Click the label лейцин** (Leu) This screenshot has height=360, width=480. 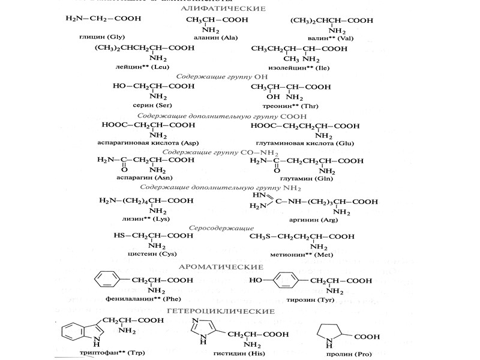pyautogui.click(x=139, y=67)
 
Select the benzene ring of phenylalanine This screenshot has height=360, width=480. pyautogui.click(x=105, y=280)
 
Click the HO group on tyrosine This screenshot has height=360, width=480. pyautogui.click(x=256, y=280)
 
